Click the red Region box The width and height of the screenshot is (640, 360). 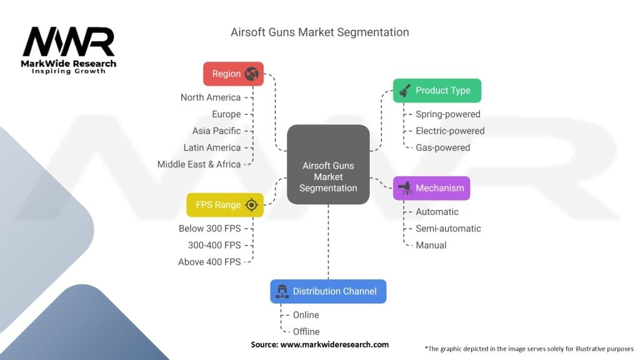233,74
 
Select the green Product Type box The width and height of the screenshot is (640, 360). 437,91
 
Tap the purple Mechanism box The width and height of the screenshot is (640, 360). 431,188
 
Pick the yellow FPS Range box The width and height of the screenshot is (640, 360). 225,205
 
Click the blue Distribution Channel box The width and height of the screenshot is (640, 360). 328,291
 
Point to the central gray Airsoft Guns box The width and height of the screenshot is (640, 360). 328,164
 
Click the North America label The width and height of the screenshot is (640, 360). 211,97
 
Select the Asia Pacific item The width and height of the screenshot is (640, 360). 216,131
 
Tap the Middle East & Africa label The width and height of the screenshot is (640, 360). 199,164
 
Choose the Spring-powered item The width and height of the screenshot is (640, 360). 448,114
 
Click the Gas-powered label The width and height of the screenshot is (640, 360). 442,147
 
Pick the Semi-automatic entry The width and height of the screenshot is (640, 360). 448,229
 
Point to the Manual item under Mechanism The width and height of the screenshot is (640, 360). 431,245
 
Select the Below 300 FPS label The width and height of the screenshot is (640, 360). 209,229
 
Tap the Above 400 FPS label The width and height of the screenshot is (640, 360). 209,262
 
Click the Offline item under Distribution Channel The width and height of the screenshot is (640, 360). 306,331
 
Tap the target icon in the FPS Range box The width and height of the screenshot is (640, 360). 251,205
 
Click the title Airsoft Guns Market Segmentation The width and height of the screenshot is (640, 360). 320,32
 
